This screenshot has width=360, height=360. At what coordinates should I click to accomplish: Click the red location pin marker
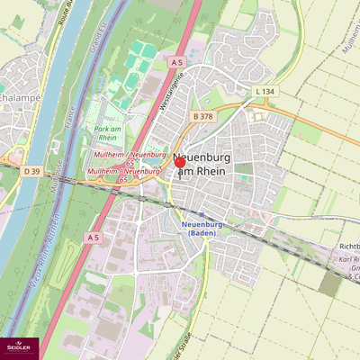tap(178, 163)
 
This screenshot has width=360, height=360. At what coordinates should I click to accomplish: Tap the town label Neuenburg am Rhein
tap(209, 165)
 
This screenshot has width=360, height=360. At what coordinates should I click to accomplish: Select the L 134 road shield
tap(264, 92)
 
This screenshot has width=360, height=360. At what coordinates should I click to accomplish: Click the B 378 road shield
tap(202, 116)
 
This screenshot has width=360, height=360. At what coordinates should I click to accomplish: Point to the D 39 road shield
tap(31, 171)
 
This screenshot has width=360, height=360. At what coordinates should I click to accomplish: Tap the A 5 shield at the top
tap(176, 62)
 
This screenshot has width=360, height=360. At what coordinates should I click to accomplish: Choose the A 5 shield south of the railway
tap(93, 237)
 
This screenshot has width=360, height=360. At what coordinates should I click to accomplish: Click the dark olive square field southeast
tap(330, 284)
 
